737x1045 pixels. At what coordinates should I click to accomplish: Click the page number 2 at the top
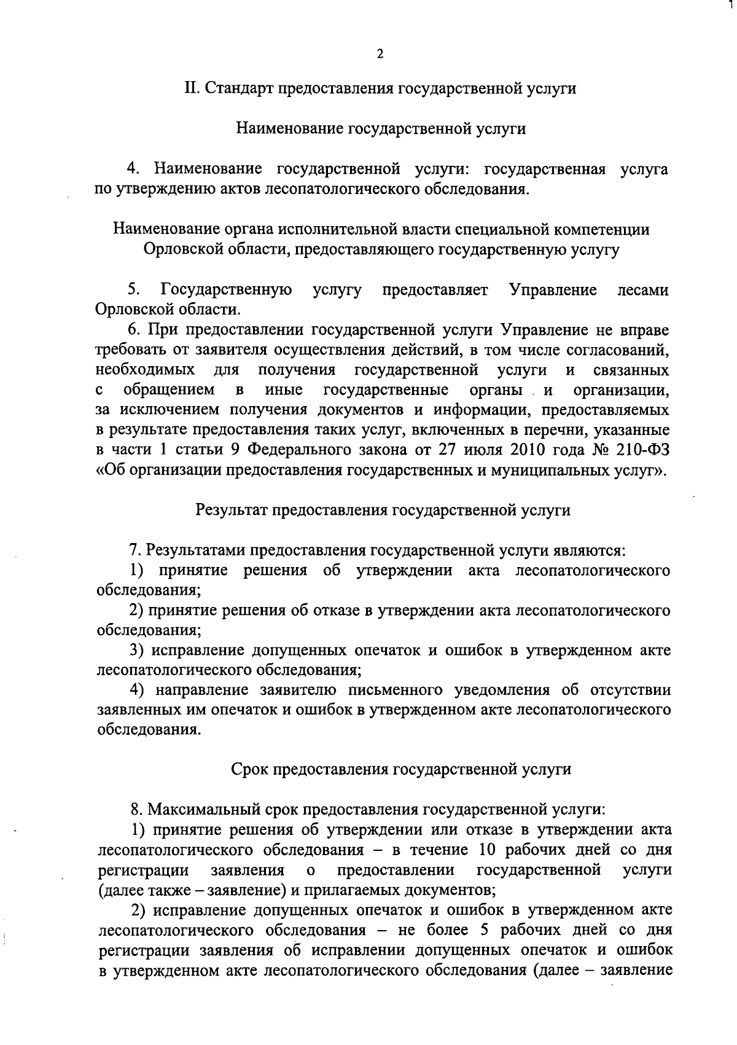(380, 54)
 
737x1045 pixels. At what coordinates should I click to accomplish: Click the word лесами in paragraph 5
(642, 289)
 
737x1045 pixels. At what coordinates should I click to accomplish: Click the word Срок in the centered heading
(249, 769)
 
